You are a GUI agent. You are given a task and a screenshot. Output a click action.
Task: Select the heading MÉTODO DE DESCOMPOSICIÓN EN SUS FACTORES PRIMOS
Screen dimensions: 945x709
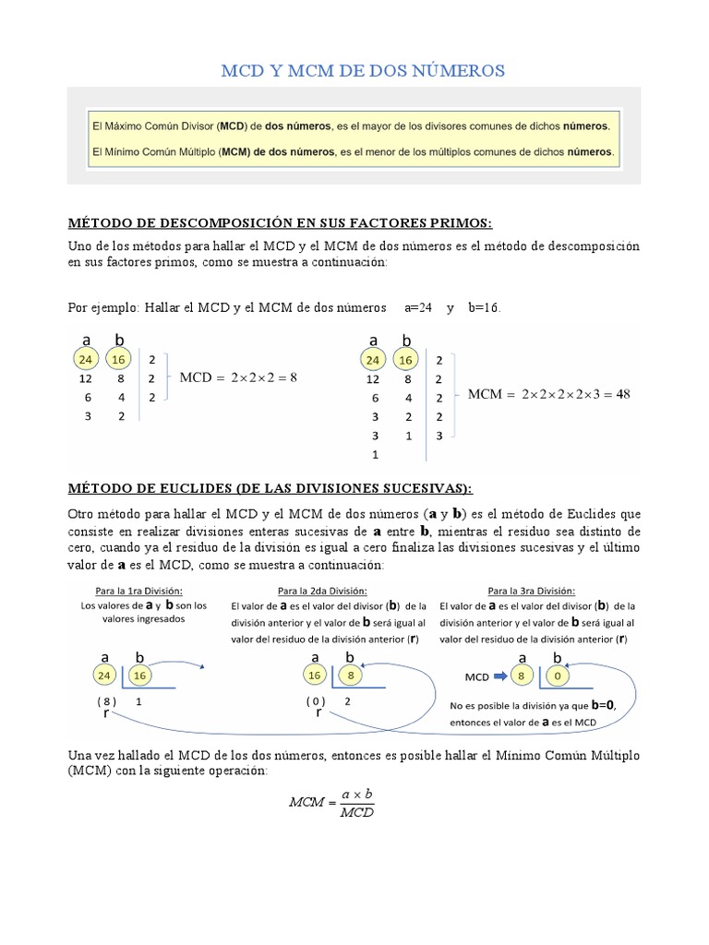[x=281, y=223]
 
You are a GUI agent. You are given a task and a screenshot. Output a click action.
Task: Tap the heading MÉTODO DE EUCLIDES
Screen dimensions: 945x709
[x=270, y=487]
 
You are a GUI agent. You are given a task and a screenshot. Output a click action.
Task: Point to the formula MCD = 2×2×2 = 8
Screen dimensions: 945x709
[x=238, y=377]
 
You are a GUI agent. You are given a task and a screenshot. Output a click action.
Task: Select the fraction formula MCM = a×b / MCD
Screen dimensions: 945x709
[x=331, y=803]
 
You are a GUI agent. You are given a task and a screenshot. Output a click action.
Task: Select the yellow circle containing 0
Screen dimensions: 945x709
[x=557, y=676]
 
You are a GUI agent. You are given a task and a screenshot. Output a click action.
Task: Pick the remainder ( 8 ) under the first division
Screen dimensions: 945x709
[x=106, y=701]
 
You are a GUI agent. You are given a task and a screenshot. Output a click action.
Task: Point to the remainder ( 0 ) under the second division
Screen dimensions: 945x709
[x=317, y=701]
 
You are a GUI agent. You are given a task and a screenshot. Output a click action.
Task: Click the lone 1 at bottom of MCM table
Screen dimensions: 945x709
[x=375, y=455]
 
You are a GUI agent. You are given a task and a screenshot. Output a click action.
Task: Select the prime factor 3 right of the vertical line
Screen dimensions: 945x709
[x=439, y=436]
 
